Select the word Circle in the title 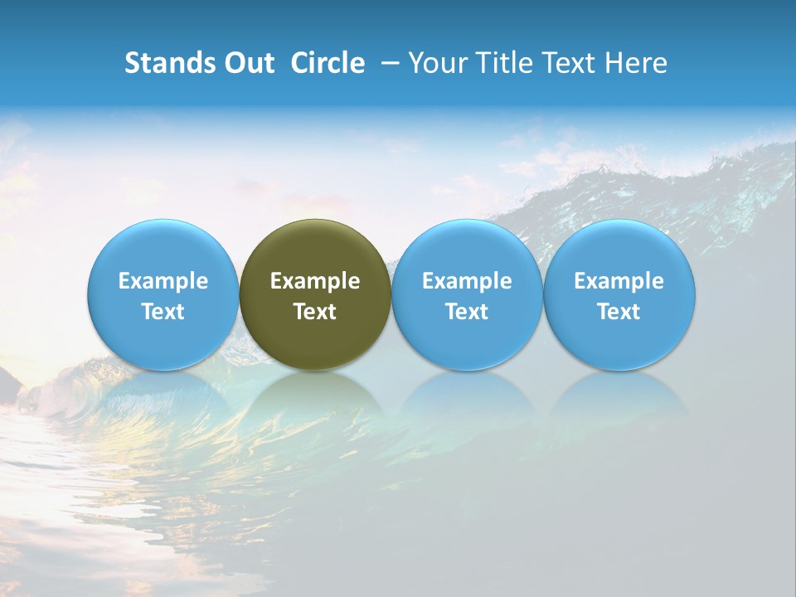(x=328, y=63)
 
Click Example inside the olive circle (x=315, y=281)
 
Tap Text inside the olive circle (x=315, y=312)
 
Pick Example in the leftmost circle (x=163, y=281)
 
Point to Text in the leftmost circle (x=163, y=312)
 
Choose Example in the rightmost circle (x=619, y=281)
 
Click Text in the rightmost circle (x=619, y=312)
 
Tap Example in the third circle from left (x=467, y=281)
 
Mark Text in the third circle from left (x=467, y=312)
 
